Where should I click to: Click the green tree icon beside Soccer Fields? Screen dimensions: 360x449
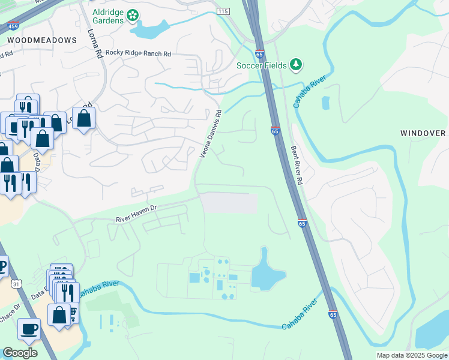(295, 64)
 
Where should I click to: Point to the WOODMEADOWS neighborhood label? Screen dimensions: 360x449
(42, 40)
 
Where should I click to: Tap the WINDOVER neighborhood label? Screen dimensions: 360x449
(423, 133)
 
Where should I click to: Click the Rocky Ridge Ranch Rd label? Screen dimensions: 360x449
(138, 53)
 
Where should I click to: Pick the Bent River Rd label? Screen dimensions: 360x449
(298, 165)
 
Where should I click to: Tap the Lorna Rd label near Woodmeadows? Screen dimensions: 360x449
(95, 43)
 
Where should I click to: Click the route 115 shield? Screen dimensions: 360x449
(223, 11)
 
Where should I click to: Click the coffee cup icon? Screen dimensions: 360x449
(29, 329)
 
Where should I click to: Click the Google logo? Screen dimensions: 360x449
(20, 353)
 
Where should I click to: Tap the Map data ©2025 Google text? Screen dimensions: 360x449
(411, 355)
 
